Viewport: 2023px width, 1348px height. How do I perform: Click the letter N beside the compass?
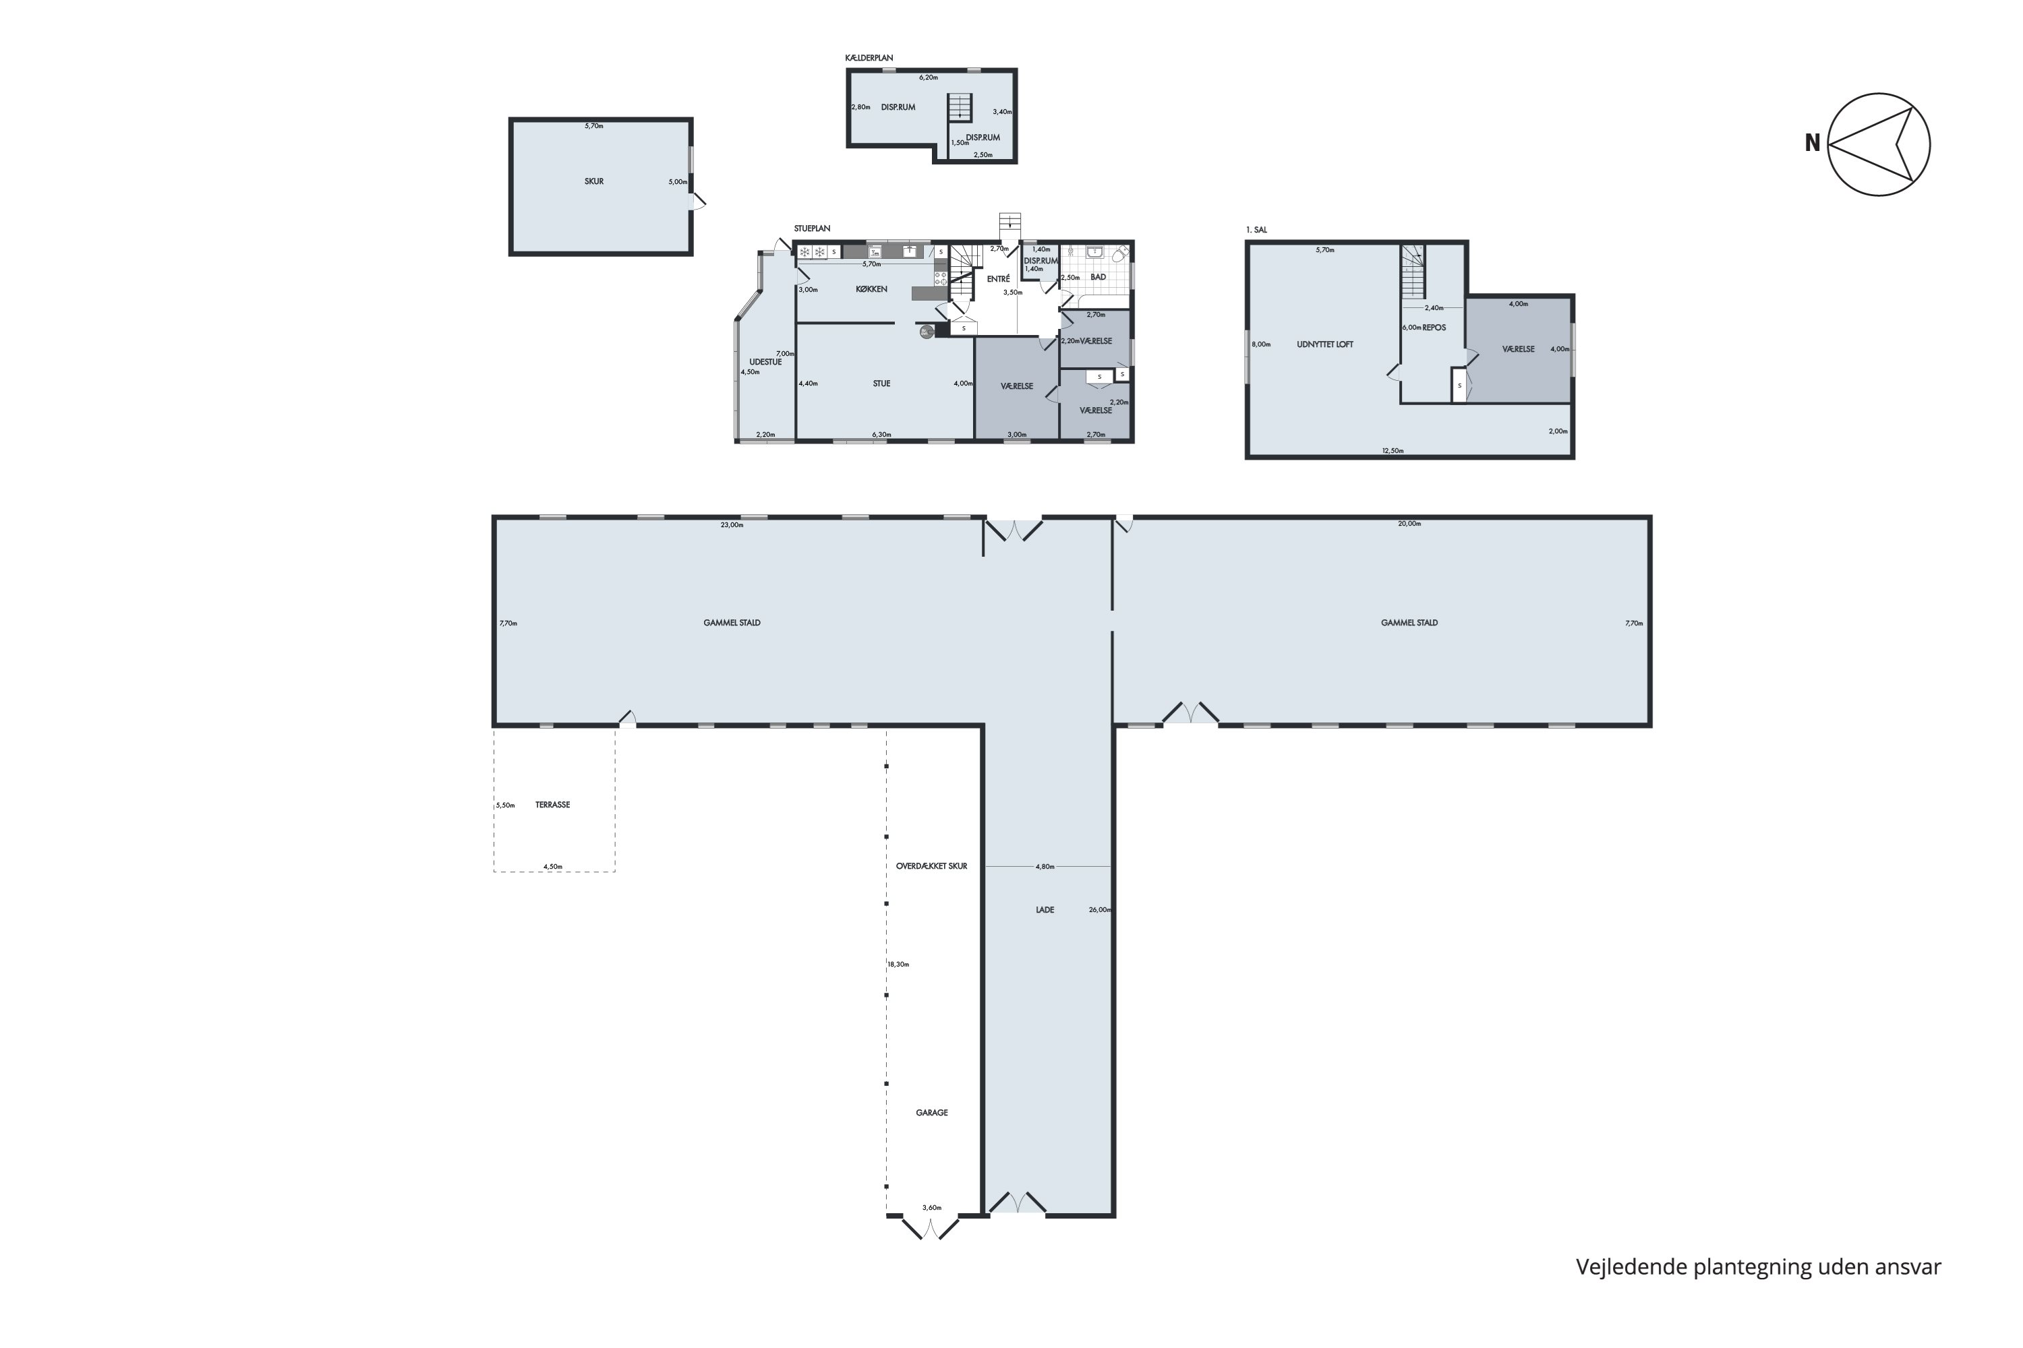(1813, 144)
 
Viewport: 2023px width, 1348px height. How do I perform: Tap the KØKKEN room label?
(871, 290)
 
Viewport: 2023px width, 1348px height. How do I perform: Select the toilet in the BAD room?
(1120, 255)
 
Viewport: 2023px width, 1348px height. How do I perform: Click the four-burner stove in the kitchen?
(941, 278)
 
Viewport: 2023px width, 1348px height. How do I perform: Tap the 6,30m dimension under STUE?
(881, 435)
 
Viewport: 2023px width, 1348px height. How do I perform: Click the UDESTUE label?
(765, 362)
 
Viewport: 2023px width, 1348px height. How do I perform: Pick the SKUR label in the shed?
(594, 181)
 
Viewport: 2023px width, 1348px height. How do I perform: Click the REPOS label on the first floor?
(1435, 328)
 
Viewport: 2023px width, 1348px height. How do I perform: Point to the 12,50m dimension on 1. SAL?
(1392, 450)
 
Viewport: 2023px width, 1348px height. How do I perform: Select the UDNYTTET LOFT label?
(1324, 344)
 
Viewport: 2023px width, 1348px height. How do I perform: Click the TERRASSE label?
(552, 805)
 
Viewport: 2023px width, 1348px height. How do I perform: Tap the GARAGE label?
(931, 1113)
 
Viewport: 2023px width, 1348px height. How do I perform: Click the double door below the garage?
(930, 1227)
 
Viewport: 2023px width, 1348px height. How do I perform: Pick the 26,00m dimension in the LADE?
(1099, 909)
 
